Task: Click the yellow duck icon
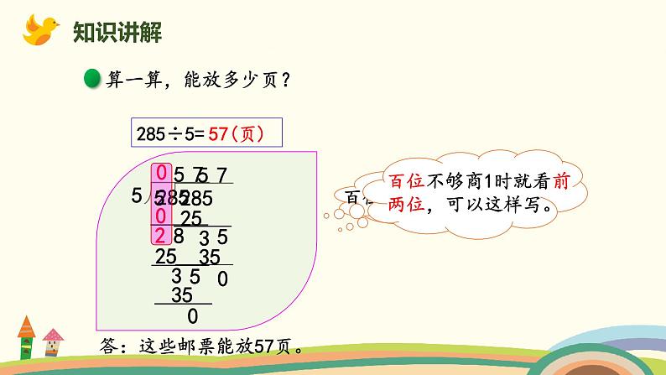coord(37,31)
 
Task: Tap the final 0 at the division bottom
coord(193,317)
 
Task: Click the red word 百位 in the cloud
coord(407,182)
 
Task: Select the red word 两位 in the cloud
coord(407,206)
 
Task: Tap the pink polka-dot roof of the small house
coord(52,333)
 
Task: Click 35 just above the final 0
coord(181,294)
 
